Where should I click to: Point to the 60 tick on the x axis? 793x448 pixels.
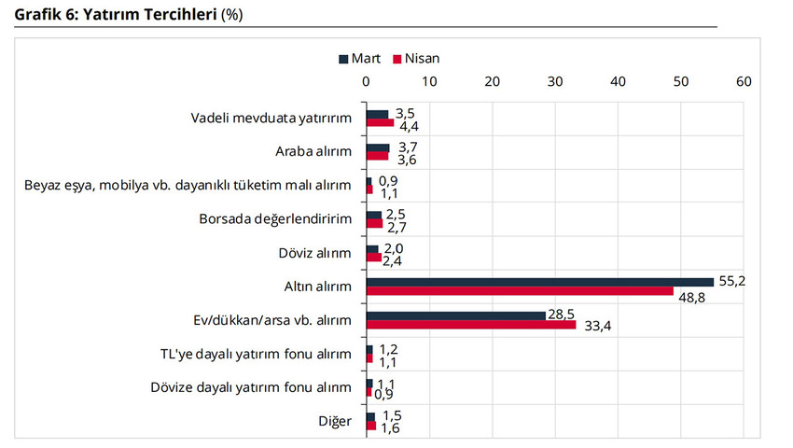click(744, 82)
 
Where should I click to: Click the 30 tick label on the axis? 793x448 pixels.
click(554, 82)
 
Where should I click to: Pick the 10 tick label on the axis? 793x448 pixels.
click(429, 82)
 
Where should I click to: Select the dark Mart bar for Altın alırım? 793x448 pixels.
click(539, 282)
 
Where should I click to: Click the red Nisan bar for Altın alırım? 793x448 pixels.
click(520, 291)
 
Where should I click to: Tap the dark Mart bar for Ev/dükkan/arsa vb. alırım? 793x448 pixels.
click(455, 315)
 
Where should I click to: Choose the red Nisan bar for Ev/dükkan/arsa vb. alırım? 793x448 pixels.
click(471, 325)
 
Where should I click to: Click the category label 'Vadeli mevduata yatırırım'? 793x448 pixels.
click(271, 118)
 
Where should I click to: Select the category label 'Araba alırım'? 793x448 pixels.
click(313, 151)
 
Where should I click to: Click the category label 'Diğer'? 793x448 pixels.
click(335, 421)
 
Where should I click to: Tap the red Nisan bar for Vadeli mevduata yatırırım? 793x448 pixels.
click(380, 122)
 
